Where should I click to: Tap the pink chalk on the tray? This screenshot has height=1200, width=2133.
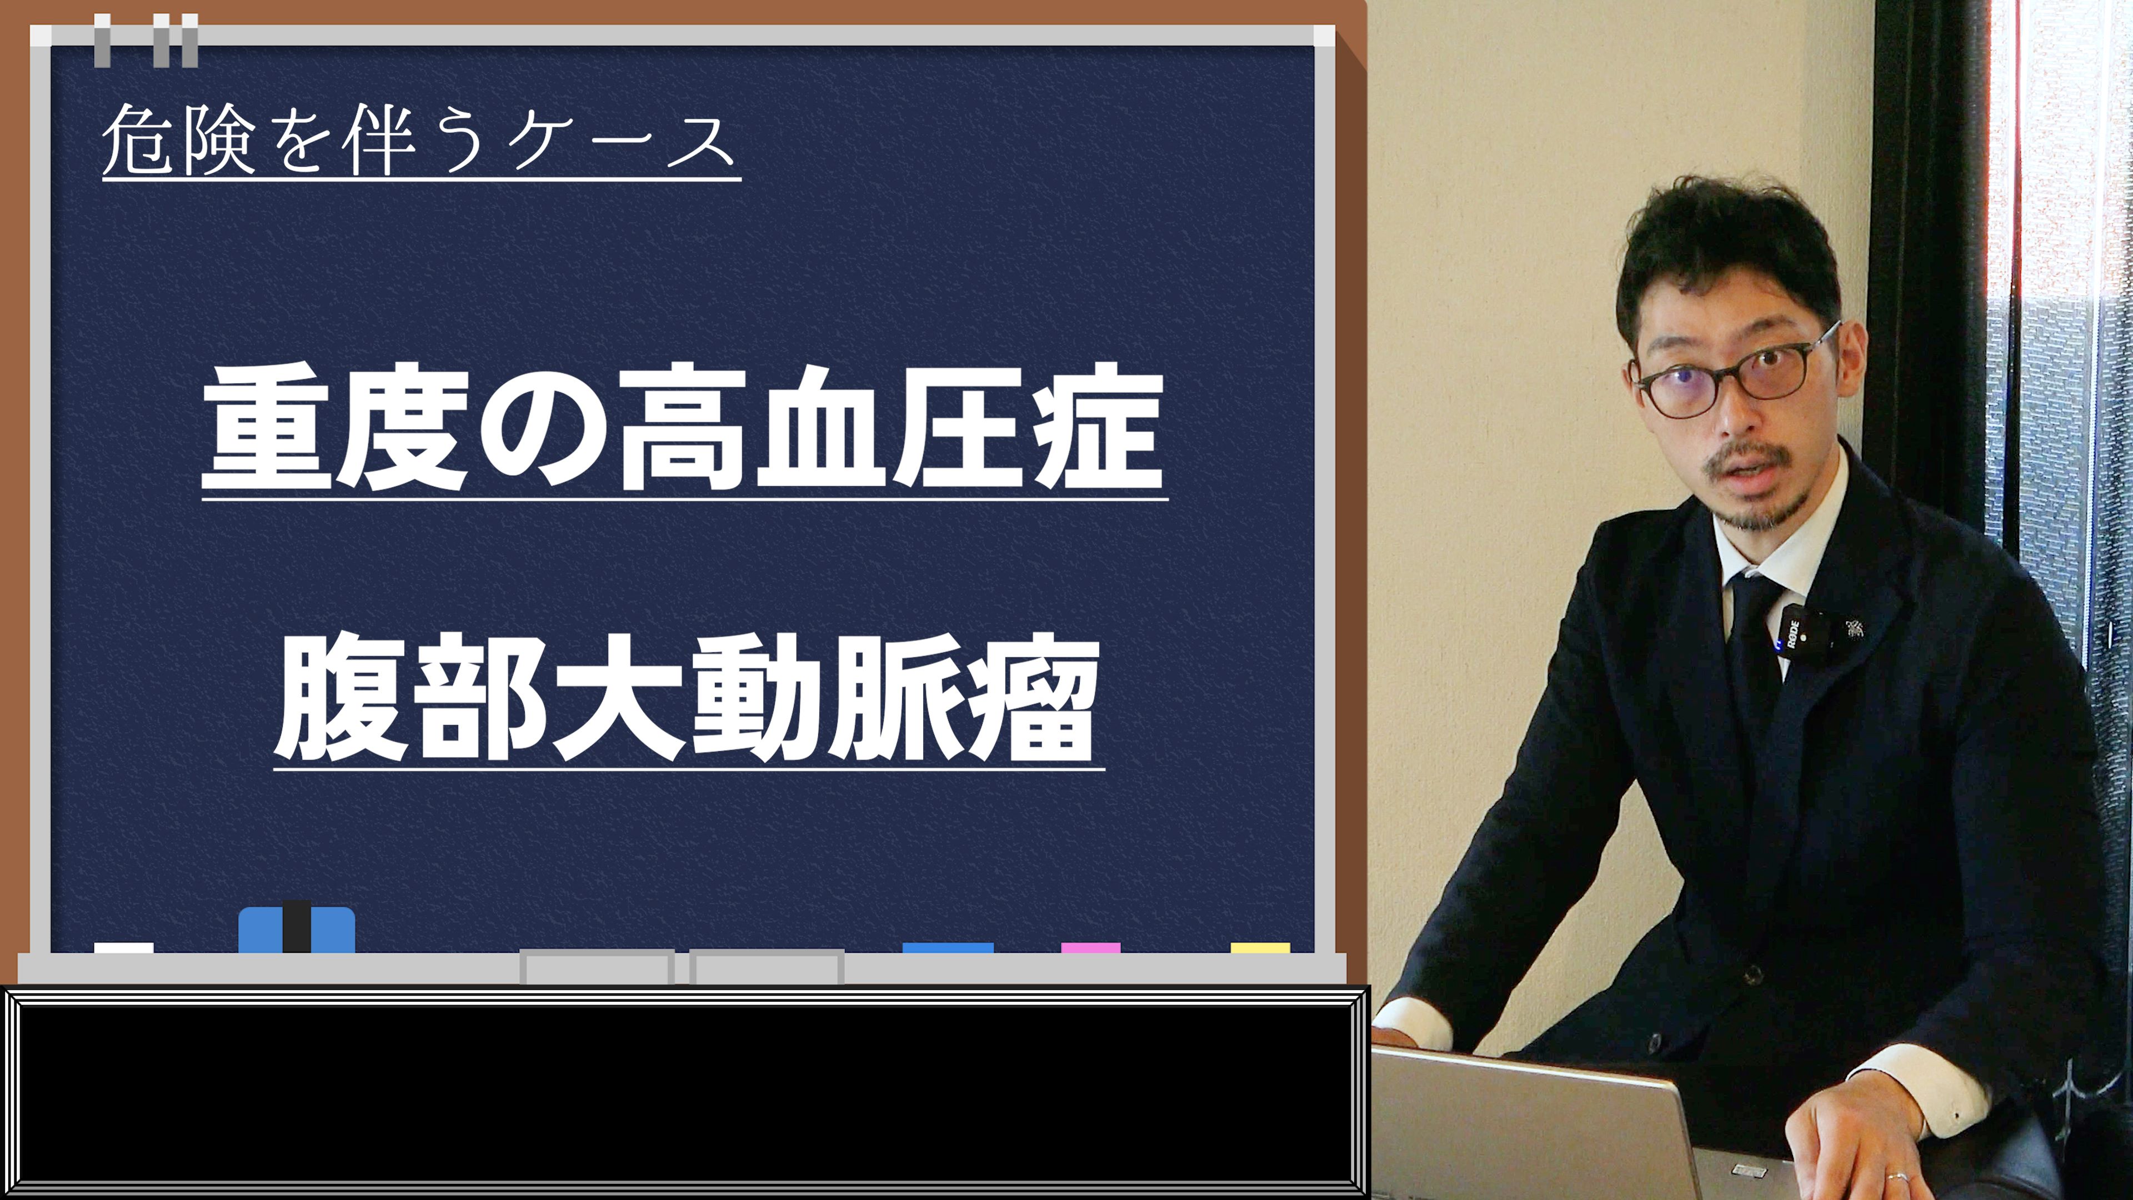pyautogui.click(x=1090, y=948)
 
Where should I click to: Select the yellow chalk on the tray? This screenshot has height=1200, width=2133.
pyautogui.click(x=1259, y=948)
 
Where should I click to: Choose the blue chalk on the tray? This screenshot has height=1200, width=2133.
pyautogui.click(x=948, y=948)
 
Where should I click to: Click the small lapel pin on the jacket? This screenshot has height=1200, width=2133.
pyautogui.click(x=1854, y=629)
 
